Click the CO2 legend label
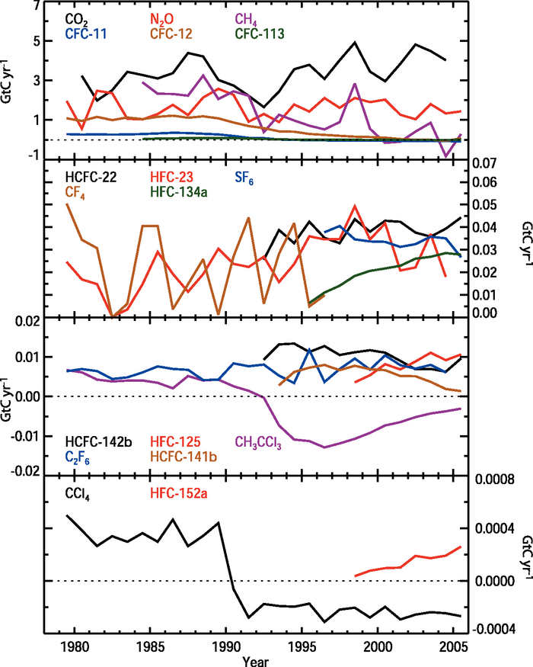[75, 18]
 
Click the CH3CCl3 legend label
[260, 441]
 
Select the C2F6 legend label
[77, 456]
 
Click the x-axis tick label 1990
[225, 646]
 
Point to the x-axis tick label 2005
[455, 646]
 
